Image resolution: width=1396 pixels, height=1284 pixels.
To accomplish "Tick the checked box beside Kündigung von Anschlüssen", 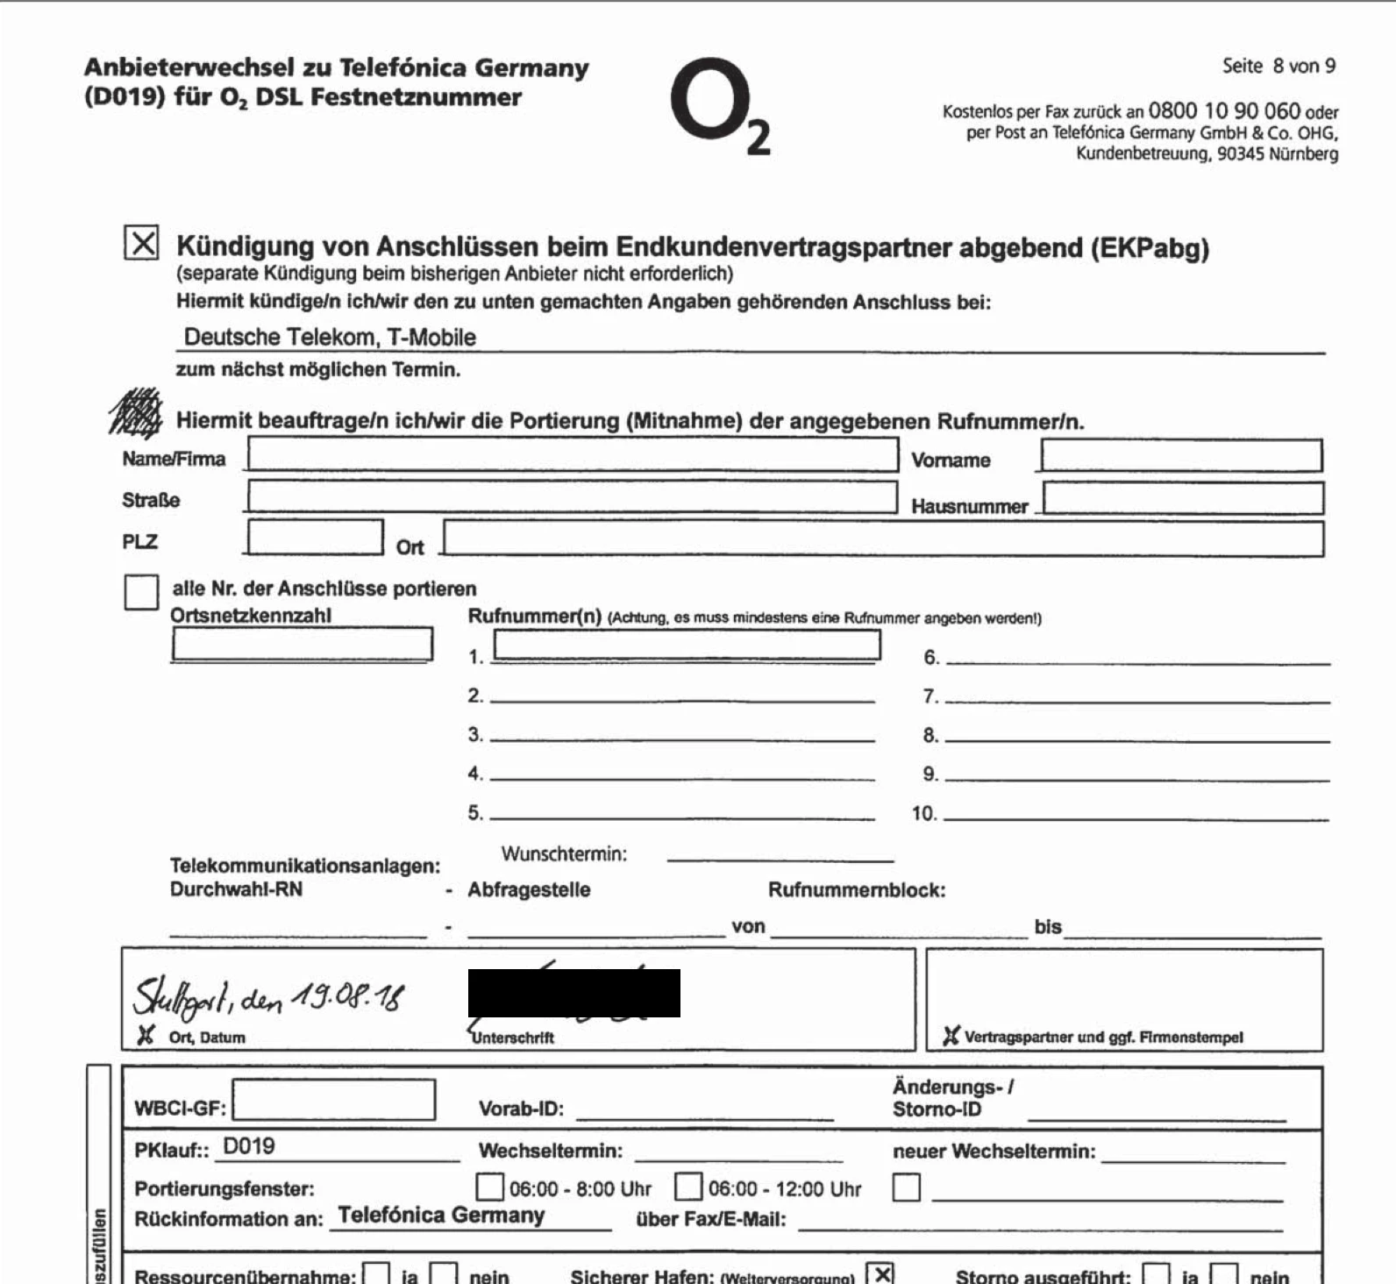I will tap(141, 243).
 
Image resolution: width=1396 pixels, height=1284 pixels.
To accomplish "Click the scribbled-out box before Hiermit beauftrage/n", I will tap(136, 413).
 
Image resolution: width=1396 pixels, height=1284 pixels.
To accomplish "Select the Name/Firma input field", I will tap(572, 455).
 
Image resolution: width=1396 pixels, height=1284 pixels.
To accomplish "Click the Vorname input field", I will tap(1180, 456).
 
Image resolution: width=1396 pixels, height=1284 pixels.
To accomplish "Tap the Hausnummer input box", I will tap(1183, 498).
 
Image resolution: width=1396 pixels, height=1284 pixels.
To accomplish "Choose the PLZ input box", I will tap(315, 537).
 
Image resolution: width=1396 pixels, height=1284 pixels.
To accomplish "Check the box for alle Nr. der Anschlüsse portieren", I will tap(141, 591).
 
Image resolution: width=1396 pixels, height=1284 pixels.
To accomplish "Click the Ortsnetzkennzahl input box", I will tap(302, 644).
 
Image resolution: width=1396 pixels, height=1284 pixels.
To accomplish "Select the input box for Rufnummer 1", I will tap(687, 645).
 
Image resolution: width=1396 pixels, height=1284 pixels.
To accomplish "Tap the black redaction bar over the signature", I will tap(573, 993).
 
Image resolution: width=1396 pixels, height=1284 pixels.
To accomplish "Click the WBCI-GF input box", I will tap(333, 1100).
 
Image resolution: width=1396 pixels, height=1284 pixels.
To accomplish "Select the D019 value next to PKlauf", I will tap(249, 1146).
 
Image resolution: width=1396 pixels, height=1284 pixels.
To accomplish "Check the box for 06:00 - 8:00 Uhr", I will tap(489, 1188).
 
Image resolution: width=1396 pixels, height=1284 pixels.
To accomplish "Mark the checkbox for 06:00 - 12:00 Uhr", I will tap(688, 1188).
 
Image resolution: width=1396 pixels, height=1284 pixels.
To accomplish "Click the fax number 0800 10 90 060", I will tap(1224, 111).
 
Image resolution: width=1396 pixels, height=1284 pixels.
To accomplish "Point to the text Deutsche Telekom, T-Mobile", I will tap(330, 337).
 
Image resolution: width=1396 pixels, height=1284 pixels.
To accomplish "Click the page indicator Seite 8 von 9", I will tap(1278, 66).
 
